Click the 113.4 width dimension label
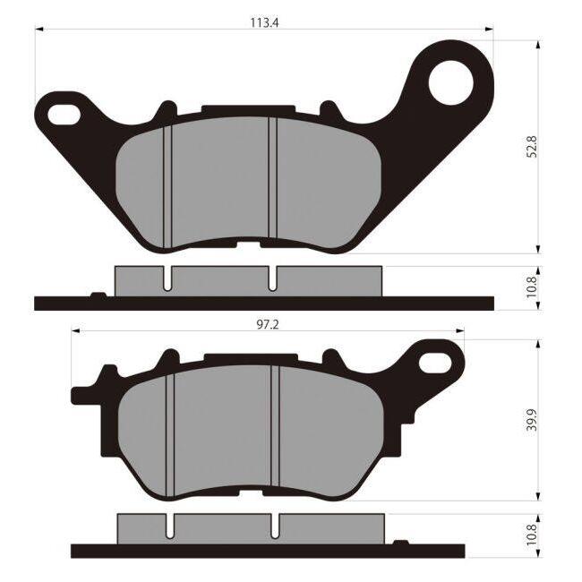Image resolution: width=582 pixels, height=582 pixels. pyautogui.click(x=264, y=22)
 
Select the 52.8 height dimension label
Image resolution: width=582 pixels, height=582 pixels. pyautogui.click(x=532, y=147)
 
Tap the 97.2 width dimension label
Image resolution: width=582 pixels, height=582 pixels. pyautogui.click(x=268, y=325)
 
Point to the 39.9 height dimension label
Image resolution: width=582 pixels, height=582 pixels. pyautogui.click(x=532, y=420)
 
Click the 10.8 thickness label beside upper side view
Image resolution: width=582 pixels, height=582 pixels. pyautogui.click(x=532, y=287)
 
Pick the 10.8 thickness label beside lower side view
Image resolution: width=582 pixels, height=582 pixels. pyautogui.click(x=532, y=535)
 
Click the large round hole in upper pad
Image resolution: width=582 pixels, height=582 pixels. pyautogui.click(x=451, y=82)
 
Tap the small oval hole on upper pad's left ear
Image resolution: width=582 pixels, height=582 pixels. pyautogui.click(x=64, y=115)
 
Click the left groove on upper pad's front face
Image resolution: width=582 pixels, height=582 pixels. pyautogui.click(x=167, y=187)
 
